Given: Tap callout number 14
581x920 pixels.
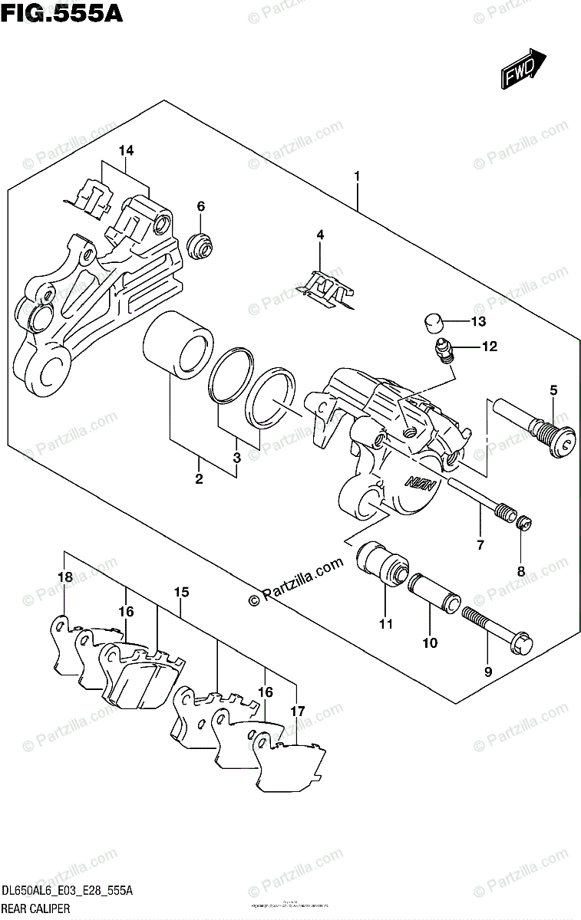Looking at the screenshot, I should (x=126, y=151).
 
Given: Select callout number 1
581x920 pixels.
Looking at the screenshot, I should (x=357, y=177).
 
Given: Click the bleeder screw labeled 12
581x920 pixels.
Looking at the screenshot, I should (x=446, y=351).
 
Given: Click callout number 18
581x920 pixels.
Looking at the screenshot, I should (x=65, y=577).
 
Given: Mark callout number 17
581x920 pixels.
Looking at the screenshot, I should (x=297, y=711).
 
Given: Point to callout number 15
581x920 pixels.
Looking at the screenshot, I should (x=181, y=592).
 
